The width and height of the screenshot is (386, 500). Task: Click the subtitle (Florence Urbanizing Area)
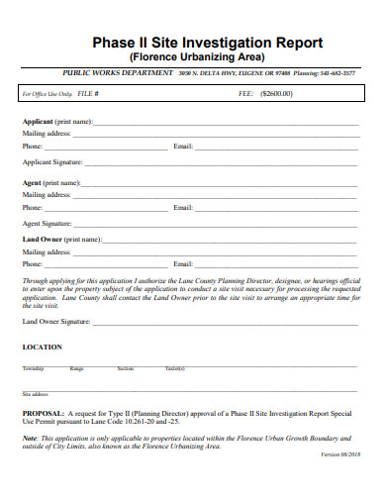193,57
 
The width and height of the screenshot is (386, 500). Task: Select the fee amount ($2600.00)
276,94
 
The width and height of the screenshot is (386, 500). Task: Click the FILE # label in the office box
88,94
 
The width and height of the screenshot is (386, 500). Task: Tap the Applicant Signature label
51,160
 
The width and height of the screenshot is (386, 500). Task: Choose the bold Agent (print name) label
50,183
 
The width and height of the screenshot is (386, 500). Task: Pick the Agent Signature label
47,223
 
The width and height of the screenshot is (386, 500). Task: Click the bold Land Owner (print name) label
61,239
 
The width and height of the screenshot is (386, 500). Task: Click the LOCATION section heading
42,348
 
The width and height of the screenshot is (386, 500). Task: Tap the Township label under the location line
33,368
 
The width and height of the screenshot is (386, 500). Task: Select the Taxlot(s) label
175,368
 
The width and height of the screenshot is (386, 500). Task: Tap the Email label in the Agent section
182,208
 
